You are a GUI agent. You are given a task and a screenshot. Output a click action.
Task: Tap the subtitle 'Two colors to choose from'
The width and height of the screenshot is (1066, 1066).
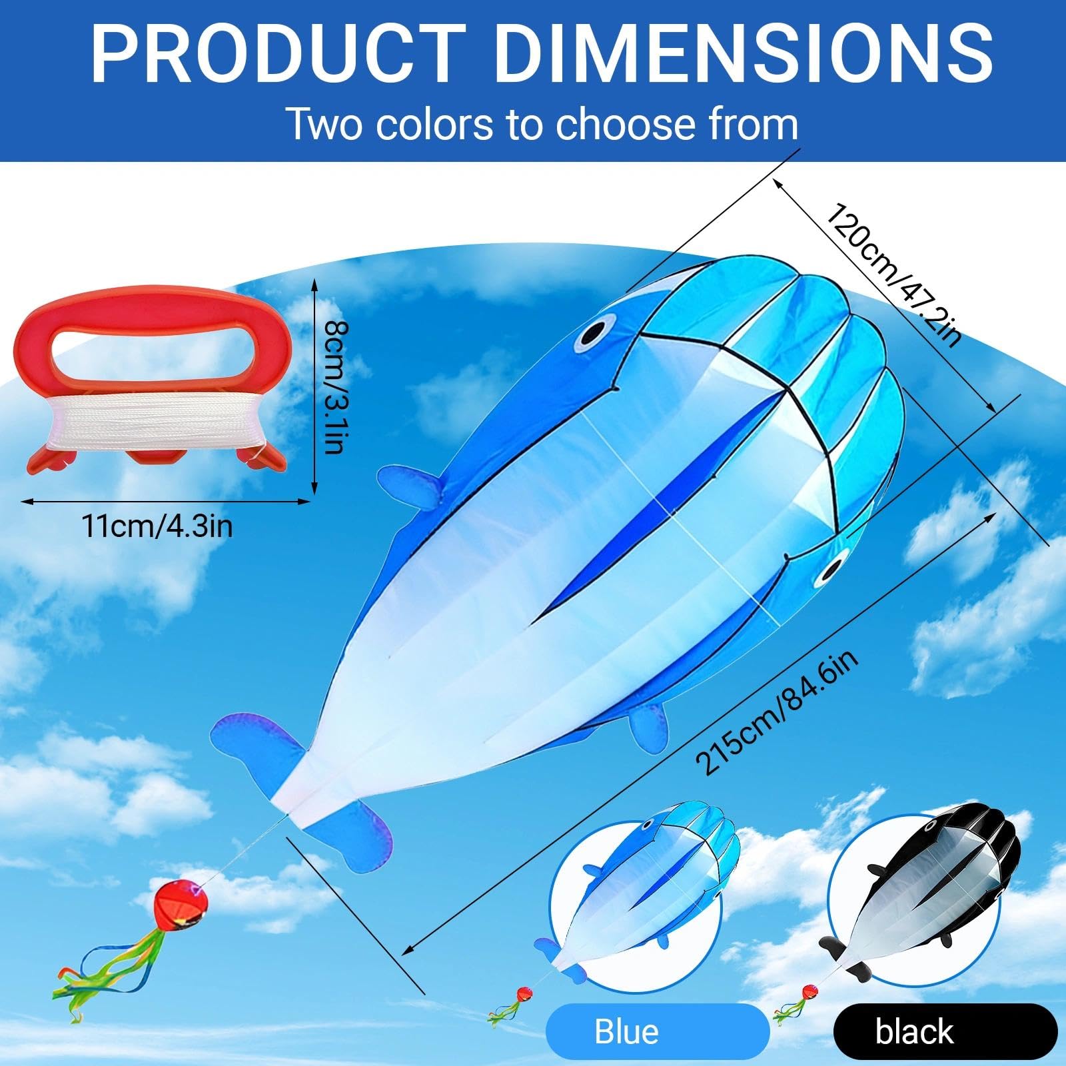[x=542, y=124]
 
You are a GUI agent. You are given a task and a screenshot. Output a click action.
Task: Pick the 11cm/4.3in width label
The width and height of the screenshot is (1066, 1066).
[x=157, y=526]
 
